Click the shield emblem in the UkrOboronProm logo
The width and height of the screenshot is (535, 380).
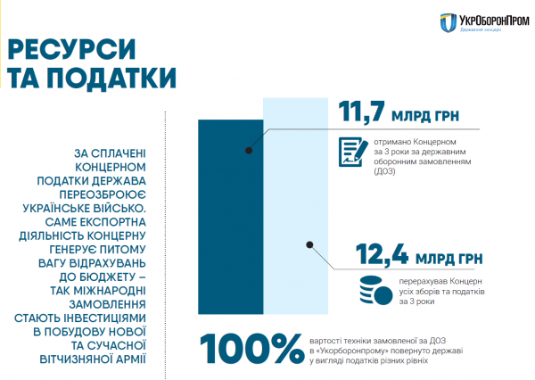(x=449, y=23)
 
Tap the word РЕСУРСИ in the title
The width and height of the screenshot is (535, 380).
(x=71, y=49)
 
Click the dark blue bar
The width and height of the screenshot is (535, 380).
(x=231, y=217)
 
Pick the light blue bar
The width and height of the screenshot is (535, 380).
(x=295, y=206)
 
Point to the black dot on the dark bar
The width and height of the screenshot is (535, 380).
(x=249, y=150)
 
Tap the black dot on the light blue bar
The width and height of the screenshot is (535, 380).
(x=309, y=244)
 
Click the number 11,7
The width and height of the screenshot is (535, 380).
(x=362, y=112)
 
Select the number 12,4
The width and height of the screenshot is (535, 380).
(x=382, y=253)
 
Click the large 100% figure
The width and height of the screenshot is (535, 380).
(x=251, y=349)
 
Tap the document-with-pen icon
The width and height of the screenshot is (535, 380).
(x=353, y=152)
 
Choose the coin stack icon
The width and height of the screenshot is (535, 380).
(x=375, y=290)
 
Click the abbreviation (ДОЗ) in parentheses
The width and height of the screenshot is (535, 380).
(x=384, y=171)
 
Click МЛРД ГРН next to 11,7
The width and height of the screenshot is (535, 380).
(x=425, y=116)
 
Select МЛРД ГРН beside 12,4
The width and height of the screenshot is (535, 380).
(x=449, y=259)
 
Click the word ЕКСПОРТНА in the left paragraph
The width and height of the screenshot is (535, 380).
(x=112, y=222)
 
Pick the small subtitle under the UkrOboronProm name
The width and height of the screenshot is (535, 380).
(x=481, y=30)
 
